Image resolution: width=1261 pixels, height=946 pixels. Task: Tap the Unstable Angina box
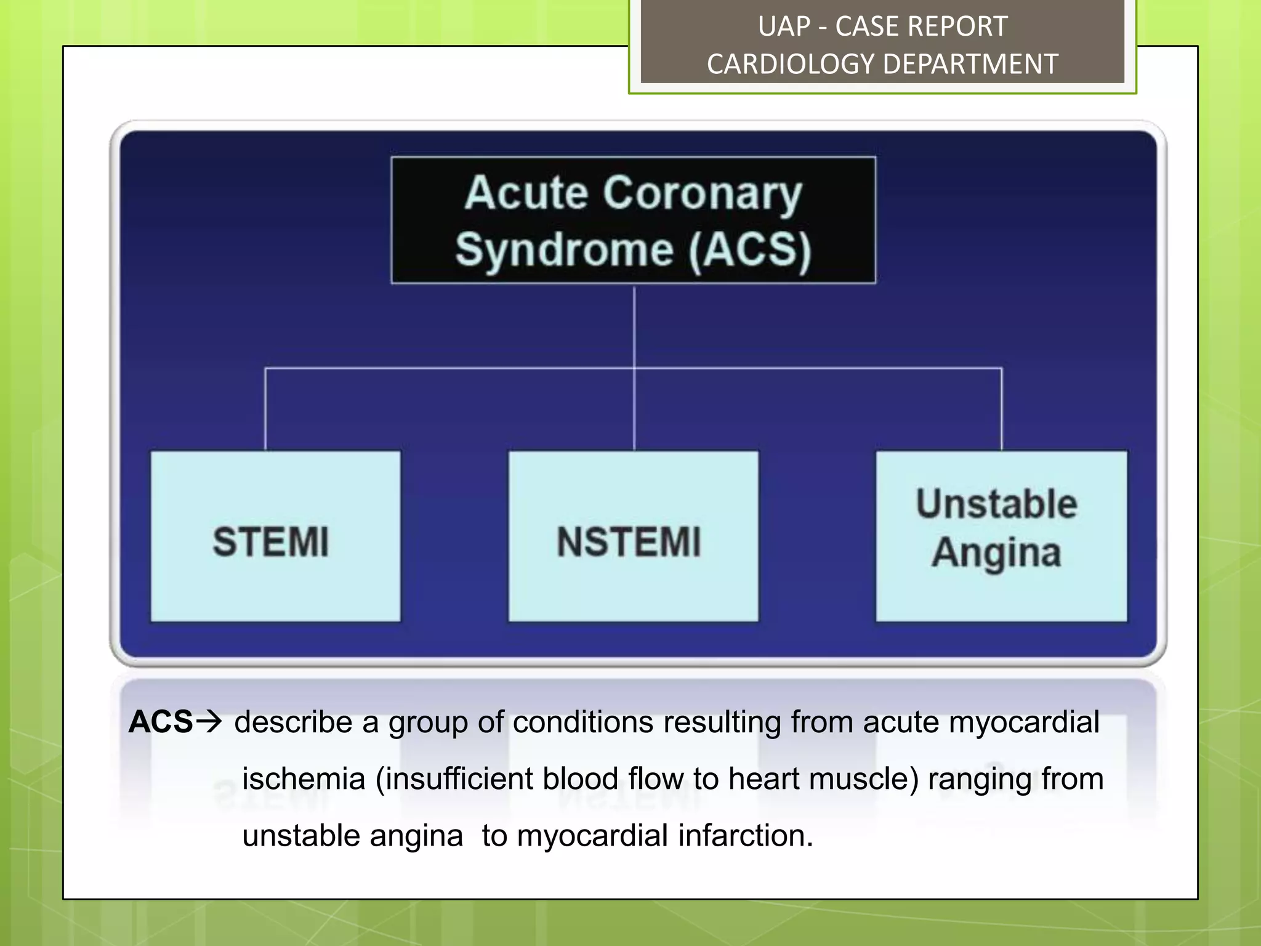[x=1001, y=536]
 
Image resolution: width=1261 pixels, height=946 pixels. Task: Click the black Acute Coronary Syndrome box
[x=633, y=220]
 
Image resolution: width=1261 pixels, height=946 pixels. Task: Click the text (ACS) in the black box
[x=749, y=250]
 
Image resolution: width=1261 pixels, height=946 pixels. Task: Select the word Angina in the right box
[x=996, y=552]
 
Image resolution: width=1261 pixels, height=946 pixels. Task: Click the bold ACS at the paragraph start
[x=161, y=722]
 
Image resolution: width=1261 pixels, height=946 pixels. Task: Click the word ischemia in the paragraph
[x=304, y=779]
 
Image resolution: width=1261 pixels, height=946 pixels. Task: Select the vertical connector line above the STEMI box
[x=265, y=410]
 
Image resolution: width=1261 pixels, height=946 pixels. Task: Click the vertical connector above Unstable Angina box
[x=1001, y=410]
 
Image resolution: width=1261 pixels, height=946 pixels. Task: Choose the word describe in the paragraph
[x=293, y=722]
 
